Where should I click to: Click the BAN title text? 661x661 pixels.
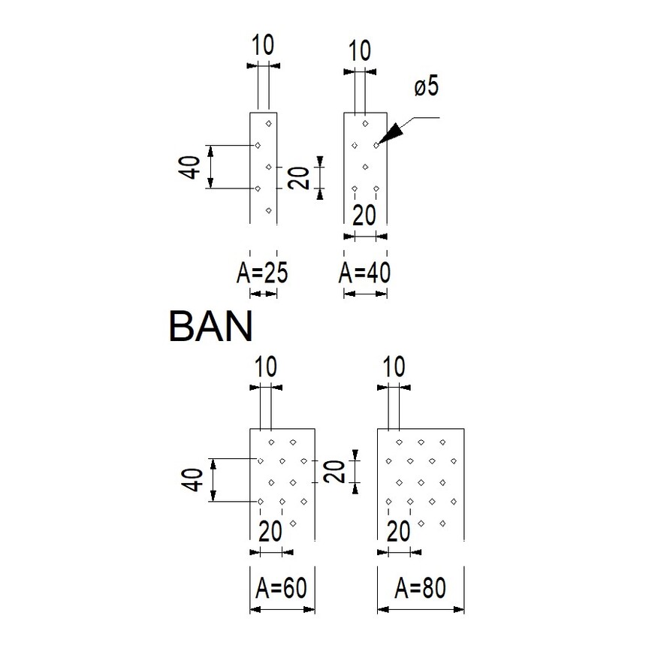coord(210,327)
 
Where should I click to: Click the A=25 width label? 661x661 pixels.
coord(262,273)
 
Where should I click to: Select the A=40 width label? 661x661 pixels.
coord(365,273)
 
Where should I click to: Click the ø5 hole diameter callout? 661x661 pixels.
coord(425,87)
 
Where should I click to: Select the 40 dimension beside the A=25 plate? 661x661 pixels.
coord(190,167)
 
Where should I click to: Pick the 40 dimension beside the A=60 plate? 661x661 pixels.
coord(195,480)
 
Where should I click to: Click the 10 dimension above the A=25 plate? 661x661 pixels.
coord(263,46)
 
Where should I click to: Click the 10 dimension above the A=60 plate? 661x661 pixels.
coord(266,367)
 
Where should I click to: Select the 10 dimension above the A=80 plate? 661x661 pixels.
coord(394,367)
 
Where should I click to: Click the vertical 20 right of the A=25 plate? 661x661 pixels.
coord(300,178)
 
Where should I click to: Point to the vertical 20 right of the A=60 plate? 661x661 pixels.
coord(335,471)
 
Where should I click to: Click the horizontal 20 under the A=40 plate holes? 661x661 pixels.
coord(364,214)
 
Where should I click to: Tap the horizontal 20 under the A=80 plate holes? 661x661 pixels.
coord(399,531)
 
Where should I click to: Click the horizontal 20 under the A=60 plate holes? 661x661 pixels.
coord(270,531)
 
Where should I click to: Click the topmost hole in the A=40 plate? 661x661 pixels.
coord(365,123)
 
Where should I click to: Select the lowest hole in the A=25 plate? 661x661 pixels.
coord(269,210)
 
